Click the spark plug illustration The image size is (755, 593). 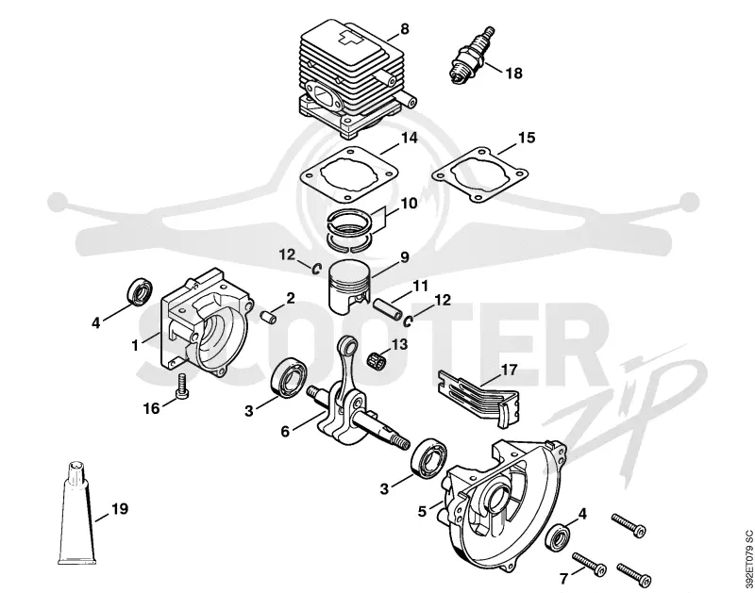(472, 56)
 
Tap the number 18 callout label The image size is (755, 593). (513, 74)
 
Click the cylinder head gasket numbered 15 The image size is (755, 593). (480, 175)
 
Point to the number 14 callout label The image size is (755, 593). (409, 138)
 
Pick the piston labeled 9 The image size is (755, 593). (350, 287)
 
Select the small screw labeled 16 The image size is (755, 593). (181, 386)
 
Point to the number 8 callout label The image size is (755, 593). (405, 29)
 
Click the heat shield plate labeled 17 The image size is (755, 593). (478, 398)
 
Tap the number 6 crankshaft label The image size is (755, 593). (286, 432)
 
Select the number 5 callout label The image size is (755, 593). (422, 511)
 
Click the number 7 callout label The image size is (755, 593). (564, 578)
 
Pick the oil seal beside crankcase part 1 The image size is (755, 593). (141, 290)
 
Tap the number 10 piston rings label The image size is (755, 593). (409, 203)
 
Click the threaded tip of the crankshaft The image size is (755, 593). (400, 443)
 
